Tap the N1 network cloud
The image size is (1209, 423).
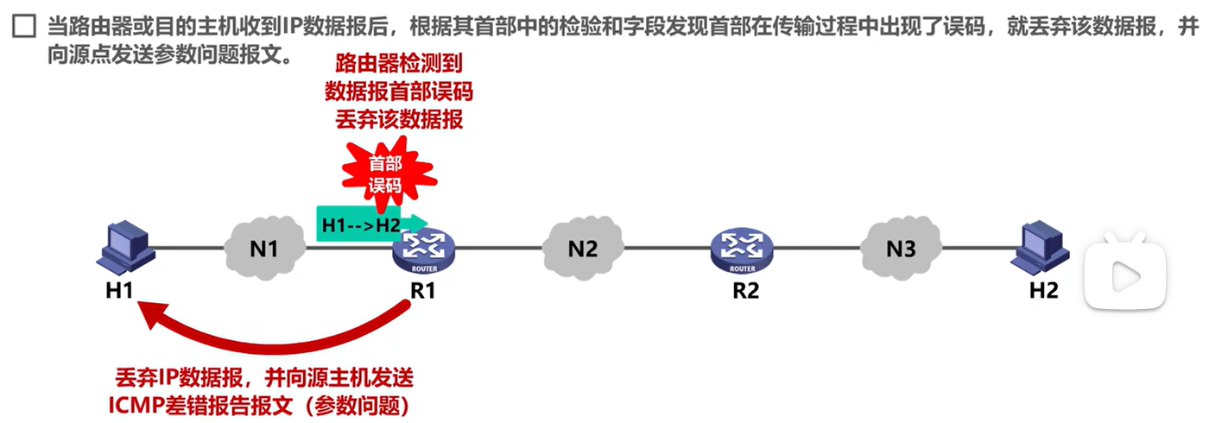tap(265, 248)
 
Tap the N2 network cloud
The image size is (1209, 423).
tap(583, 249)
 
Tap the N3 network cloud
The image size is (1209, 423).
tap(901, 249)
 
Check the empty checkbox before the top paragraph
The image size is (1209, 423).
tap(23, 28)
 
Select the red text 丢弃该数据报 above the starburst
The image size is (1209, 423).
tap(398, 119)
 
